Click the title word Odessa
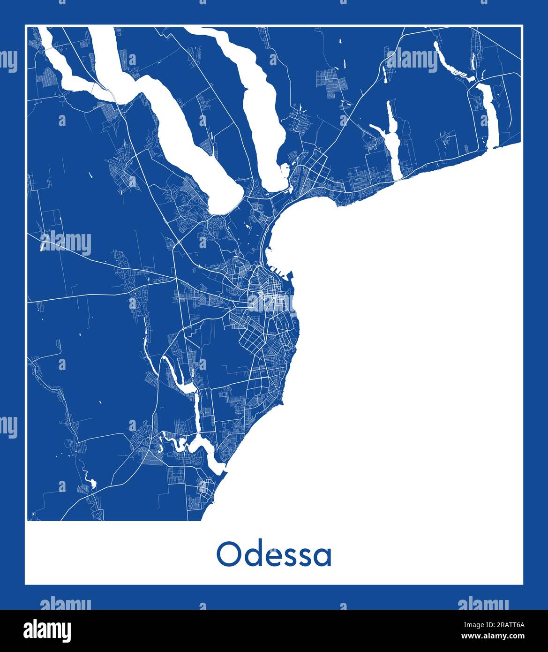274,555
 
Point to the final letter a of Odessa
323,557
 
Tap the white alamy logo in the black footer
48,630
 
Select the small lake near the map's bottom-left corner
91,482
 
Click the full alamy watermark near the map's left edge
66,243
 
